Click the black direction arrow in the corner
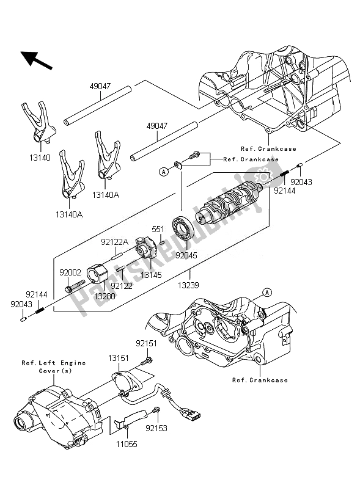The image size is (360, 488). click(36, 60)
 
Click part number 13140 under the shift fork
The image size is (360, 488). click(40, 158)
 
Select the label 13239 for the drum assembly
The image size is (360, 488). click(188, 285)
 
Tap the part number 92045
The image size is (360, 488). click(186, 255)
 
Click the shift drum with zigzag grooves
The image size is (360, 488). click(229, 202)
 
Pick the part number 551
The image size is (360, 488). click(158, 229)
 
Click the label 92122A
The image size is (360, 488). click(115, 242)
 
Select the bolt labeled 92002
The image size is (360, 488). click(75, 286)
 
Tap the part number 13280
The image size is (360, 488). click(105, 296)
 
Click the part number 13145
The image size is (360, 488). click(151, 275)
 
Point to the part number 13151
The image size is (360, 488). click(119, 359)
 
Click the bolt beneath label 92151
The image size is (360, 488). click(146, 362)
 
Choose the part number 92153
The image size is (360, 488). click(156, 428)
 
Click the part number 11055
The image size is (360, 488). click(127, 444)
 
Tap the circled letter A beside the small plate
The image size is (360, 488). click(164, 172)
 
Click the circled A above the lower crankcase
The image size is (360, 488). click(267, 292)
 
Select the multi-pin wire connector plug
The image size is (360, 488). click(192, 413)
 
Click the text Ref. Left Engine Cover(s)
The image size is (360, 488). click(54, 367)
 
